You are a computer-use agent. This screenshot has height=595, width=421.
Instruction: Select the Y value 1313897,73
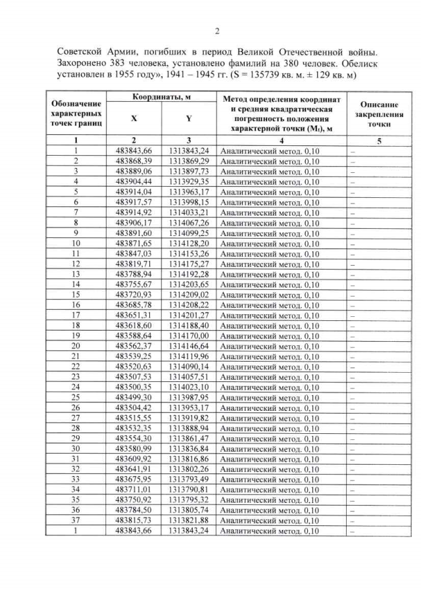pos(189,171)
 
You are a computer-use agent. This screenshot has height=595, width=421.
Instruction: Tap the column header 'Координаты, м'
pos(162,97)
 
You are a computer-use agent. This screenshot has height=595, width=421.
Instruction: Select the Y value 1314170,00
pos(189,335)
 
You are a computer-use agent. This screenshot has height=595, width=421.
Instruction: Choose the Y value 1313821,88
pos(189,520)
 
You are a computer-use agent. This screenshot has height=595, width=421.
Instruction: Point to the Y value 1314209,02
pos(189,295)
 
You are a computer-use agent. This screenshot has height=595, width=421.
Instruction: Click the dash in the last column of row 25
pos(352,397)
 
